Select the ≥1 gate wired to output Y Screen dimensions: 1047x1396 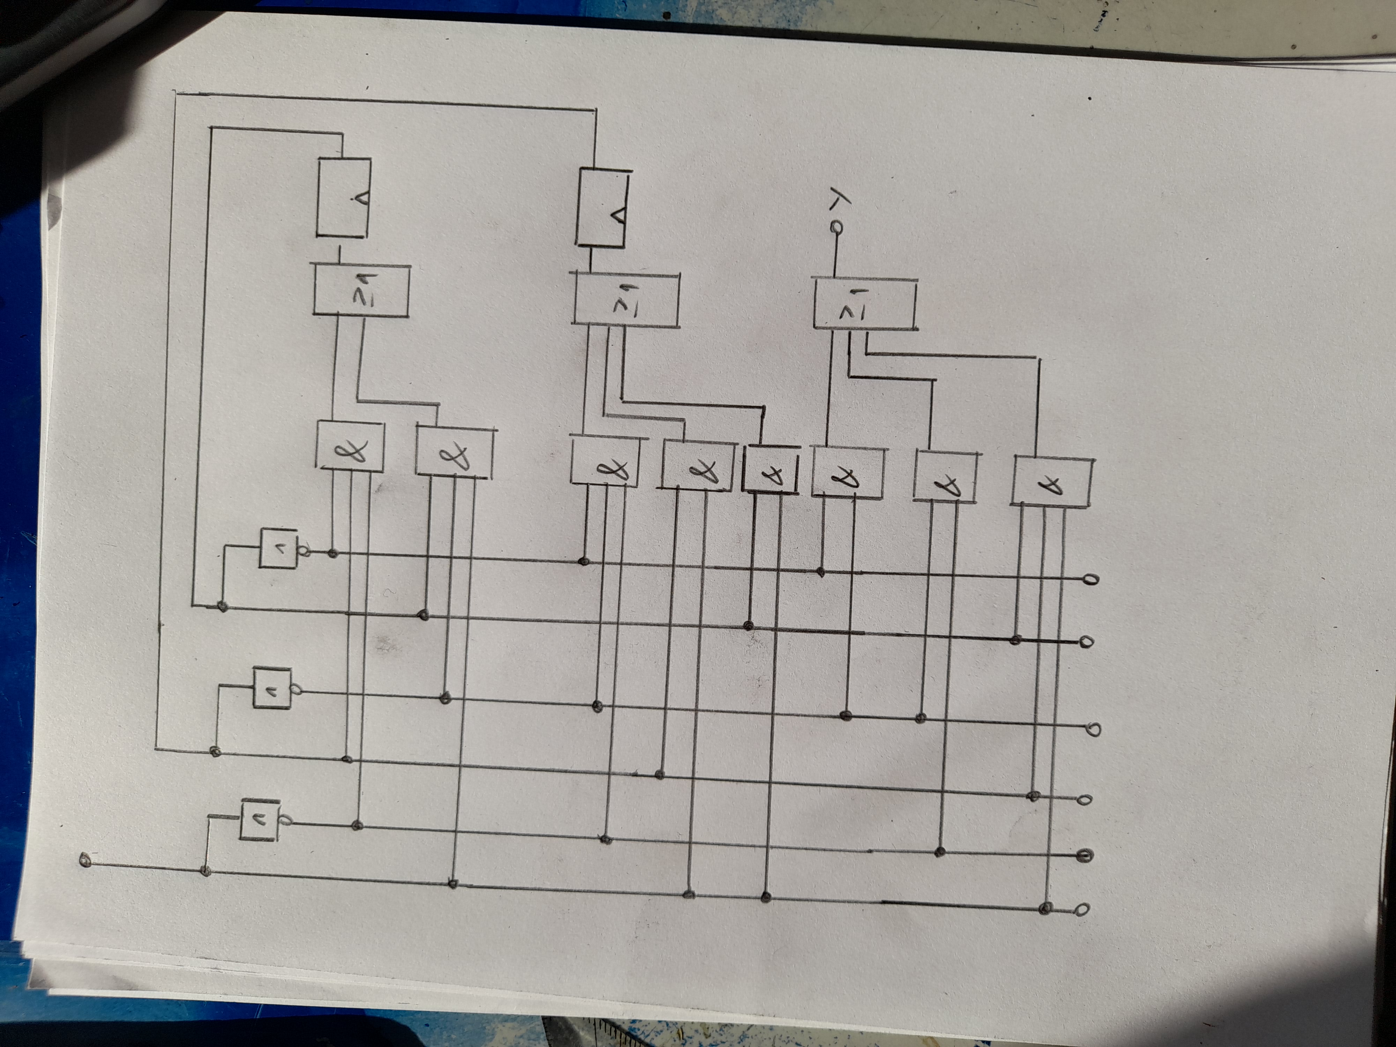864,304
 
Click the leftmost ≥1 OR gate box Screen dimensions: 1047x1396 361,291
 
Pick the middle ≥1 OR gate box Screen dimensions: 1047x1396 625,300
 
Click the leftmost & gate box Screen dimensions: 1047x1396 349,446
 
